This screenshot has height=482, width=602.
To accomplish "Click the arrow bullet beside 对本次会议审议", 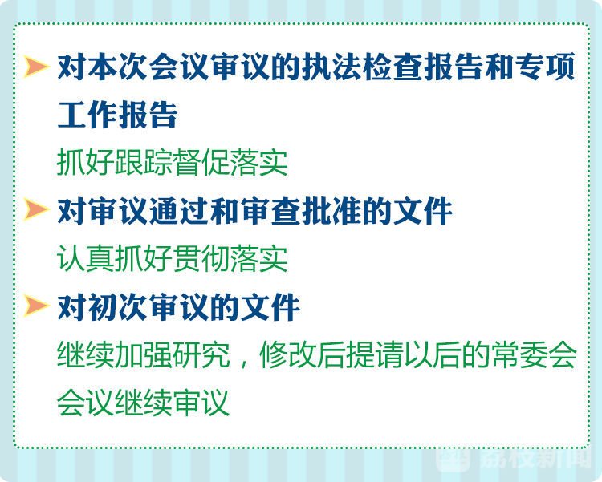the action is coord(36,66).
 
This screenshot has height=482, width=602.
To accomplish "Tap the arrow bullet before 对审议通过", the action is coord(36,209).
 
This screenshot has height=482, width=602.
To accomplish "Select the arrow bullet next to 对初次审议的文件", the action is coord(36,306).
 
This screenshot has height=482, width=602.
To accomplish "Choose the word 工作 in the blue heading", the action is coord(87,115).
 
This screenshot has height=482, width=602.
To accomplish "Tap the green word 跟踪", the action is coord(144,163).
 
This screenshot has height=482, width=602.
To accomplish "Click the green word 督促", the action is coord(201,163).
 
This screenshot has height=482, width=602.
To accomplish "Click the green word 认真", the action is coord(86,259).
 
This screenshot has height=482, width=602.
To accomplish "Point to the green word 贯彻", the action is coord(201,259).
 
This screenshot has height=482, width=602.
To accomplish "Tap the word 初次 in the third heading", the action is coord(118,307).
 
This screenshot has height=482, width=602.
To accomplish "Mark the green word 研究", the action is coord(201,354).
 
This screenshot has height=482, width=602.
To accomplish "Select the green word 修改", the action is coord(288,354).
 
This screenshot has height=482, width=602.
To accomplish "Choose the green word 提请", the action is coord(374,354).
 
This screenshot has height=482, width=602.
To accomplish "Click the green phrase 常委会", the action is coord(533,354).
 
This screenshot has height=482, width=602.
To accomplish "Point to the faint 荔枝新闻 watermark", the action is coord(515,459).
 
